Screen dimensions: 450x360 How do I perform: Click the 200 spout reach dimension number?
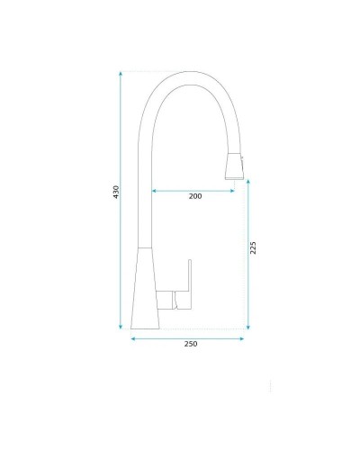click(x=195, y=196)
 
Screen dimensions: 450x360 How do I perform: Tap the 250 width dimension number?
click(x=190, y=344)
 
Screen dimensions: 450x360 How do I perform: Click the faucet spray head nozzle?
click(x=233, y=168)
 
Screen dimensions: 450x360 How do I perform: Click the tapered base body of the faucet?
click(x=145, y=288)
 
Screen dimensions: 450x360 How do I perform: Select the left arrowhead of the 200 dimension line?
click(x=153, y=190)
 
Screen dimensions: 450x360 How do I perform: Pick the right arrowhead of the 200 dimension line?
click(x=236, y=190)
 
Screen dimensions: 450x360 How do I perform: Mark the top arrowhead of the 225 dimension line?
click(x=247, y=180)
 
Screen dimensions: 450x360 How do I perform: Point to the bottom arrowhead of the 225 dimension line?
click(x=247, y=325)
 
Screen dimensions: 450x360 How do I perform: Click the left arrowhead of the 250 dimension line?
click(x=134, y=337)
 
